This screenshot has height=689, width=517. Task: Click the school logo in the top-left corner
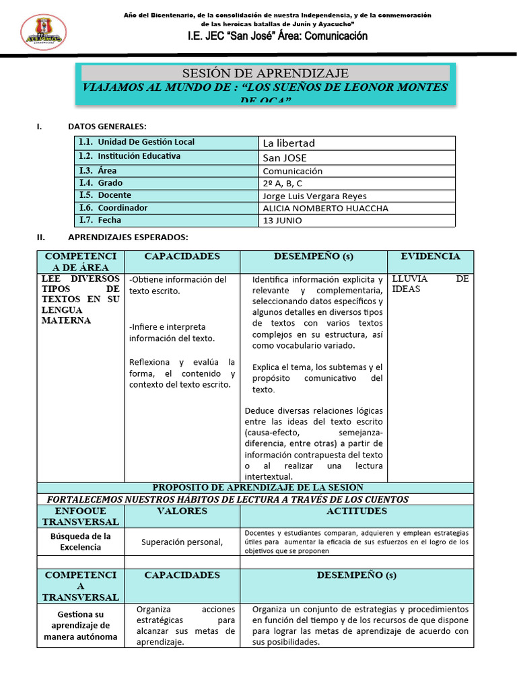click(x=44, y=32)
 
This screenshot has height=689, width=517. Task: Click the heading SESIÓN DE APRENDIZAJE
click(x=265, y=73)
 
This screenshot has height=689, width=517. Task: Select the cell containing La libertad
click(x=289, y=143)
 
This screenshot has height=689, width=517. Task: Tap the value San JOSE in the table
click(x=284, y=157)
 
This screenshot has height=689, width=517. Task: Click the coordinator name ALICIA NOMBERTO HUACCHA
click(x=325, y=208)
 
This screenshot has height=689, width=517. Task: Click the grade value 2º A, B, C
click(x=283, y=183)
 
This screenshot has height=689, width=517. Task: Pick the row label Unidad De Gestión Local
click(x=145, y=142)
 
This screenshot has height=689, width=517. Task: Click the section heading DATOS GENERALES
click(x=107, y=126)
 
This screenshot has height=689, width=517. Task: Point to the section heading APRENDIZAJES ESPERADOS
click(x=129, y=237)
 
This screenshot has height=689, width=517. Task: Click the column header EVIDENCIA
click(x=430, y=256)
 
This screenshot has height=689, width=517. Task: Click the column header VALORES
click(x=182, y=511)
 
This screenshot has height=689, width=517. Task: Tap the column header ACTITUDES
click(x=357, y=511)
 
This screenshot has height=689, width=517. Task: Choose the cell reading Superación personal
click(x=182, y=542)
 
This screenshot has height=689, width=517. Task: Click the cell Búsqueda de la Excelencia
click(x=80, y=542)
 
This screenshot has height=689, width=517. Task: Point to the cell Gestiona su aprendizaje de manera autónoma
click(x=80, y=625)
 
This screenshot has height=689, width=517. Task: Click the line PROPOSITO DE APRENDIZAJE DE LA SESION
click(x=258, y=487)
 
